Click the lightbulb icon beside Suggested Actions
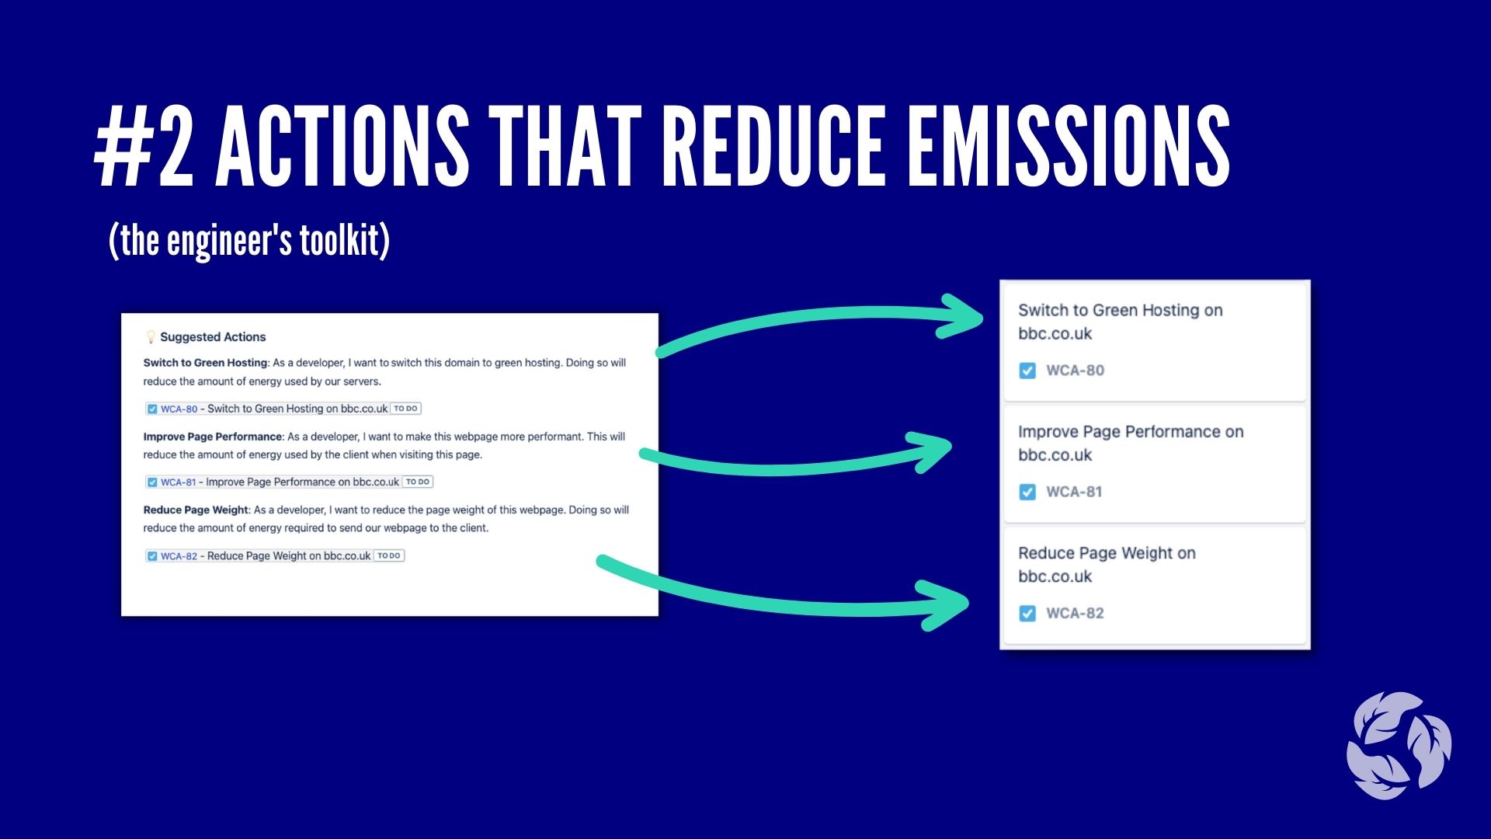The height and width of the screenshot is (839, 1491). coord(151,337)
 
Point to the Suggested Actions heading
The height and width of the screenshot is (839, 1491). coord(213,337)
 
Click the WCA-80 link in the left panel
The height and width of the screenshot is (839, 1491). coord(179,409)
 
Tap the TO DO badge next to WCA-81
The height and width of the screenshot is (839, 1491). coord(418,482)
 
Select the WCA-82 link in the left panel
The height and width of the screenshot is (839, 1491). coord(179,556)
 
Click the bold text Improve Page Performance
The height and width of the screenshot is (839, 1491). coord(213,437)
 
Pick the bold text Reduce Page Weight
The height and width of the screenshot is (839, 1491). coord(196,510)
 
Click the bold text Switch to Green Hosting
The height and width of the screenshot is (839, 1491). coord(205,363)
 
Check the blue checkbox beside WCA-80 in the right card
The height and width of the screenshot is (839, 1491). coord(1027,371)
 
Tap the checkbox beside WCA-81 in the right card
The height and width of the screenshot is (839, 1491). coord(1027,492)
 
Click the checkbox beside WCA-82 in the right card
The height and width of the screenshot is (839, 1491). coord(1027,614)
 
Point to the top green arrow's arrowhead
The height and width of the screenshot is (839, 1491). coord(963,317)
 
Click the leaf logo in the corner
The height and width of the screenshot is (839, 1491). coord(1399,746)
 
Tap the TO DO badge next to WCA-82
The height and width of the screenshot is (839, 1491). coord(389,555)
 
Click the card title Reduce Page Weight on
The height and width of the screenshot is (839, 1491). coord(1107,553)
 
